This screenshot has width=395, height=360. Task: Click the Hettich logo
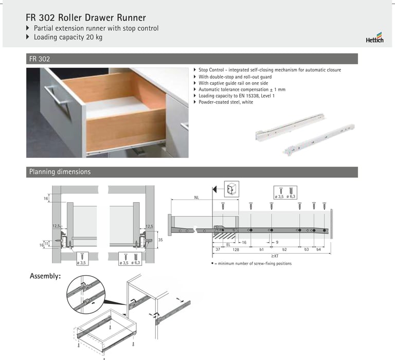374,38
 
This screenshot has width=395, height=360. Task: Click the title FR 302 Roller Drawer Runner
86,17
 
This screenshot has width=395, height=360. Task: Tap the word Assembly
45,276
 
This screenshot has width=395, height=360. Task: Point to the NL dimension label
196,198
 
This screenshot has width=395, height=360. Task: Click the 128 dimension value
236,249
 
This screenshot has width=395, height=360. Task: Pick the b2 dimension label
284,249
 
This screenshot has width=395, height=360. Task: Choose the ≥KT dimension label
275,256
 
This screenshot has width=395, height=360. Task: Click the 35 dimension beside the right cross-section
160,240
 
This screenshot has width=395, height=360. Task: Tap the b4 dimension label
319,249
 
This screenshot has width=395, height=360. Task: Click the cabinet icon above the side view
231,189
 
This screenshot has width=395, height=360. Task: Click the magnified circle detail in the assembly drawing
86,294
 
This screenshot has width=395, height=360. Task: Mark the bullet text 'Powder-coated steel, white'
226,102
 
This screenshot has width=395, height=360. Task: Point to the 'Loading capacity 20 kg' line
68,37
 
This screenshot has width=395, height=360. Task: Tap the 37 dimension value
218,249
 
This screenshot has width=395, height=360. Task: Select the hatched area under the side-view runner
224,236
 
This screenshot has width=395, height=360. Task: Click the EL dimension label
228,245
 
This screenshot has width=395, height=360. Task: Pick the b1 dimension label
261,249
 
